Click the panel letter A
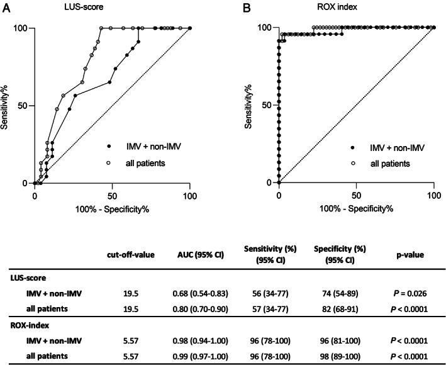tap(6, 6)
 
